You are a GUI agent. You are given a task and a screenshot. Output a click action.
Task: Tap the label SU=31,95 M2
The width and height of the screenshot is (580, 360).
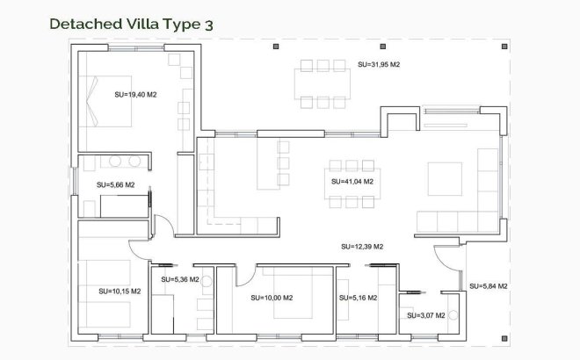379,65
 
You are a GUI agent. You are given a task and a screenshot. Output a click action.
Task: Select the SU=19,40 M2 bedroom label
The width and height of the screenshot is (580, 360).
135,94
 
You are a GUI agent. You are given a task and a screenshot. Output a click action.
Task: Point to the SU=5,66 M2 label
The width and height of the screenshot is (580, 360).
115,185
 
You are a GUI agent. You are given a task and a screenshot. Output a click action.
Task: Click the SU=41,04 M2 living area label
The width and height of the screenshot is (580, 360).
352,182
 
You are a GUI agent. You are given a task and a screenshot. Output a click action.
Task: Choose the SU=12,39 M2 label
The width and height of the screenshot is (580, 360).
362,247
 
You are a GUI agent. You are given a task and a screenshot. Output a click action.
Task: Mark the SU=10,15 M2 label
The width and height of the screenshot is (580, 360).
116,291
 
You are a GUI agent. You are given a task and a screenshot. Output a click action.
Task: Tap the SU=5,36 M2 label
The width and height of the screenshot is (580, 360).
180,280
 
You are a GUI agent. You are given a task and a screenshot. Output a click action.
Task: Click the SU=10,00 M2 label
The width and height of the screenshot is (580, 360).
272,298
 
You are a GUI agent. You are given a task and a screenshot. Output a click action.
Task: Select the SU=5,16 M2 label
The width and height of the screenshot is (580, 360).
357,298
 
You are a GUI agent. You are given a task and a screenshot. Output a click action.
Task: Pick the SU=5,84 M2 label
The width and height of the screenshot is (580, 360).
489,286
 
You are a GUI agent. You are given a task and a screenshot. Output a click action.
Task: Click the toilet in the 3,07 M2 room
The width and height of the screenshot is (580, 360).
453,315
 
